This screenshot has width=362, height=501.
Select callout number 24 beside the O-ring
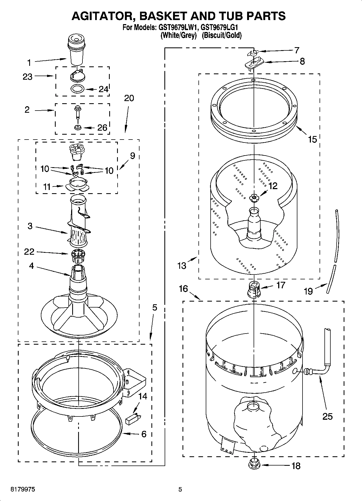103,89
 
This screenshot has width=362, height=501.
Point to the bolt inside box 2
78,112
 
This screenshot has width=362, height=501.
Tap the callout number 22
29,252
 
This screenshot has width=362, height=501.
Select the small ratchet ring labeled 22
78,256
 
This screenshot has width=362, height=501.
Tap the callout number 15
312,140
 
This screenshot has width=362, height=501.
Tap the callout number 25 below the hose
327,416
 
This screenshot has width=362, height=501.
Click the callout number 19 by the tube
308,291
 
